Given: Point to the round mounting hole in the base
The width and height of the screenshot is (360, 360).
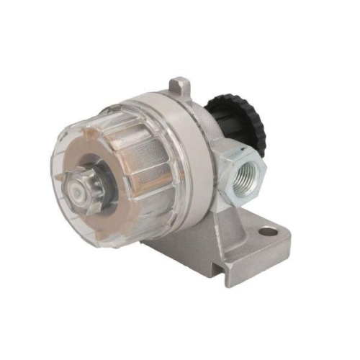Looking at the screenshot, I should click(x=268, y=232).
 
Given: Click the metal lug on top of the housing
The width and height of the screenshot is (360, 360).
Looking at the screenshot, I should click(x=181, y=87).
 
